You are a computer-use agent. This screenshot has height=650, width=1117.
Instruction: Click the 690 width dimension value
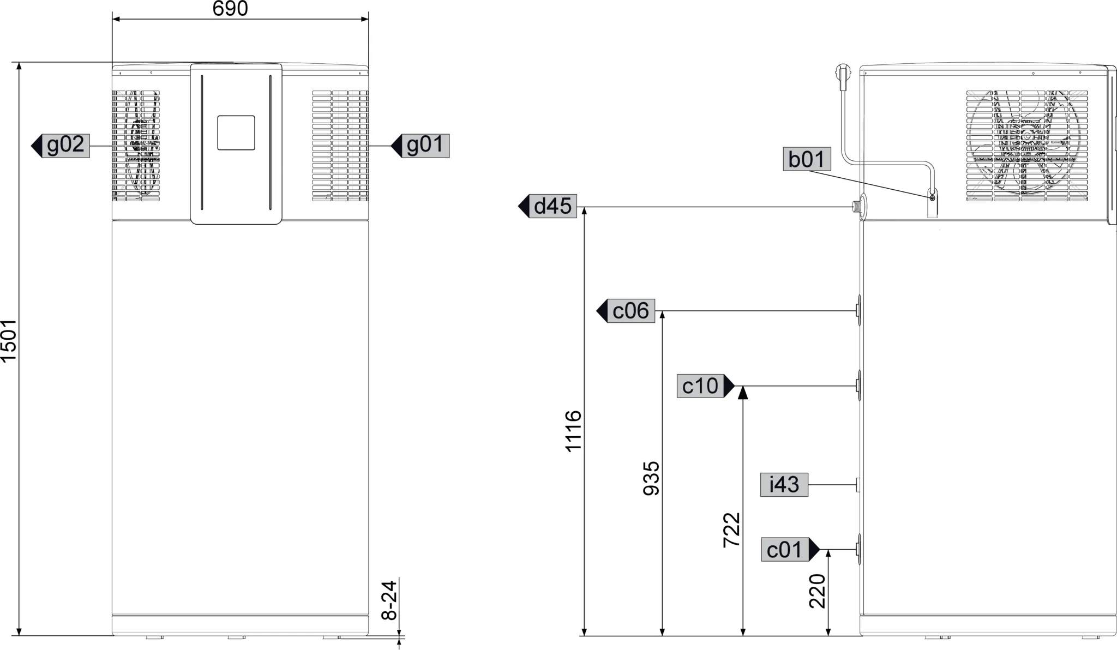(x=230, y=9)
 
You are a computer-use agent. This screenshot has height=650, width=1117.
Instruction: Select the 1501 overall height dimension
(x=9, y=341)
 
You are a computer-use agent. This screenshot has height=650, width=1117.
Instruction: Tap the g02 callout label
(x=65, y=146)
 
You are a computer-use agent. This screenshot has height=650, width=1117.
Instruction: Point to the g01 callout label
(x=425, y=146)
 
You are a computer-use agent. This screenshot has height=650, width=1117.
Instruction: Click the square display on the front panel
(x=236, y=133)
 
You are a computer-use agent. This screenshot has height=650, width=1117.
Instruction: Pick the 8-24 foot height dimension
(x=389, y=599)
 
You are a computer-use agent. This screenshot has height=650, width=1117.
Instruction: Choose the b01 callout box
(x=807, y=160)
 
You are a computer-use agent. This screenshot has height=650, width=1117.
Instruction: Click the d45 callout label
(x=553, y=206)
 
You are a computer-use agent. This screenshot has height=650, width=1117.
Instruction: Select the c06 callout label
(x=630, y=311)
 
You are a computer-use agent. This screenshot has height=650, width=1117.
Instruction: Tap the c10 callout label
(x=700, y=386)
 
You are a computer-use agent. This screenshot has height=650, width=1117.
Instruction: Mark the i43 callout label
(x=784, y=485)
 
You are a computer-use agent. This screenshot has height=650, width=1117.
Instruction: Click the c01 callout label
(x=785, y=550)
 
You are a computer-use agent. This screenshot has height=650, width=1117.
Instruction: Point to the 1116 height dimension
(x=573, y=431)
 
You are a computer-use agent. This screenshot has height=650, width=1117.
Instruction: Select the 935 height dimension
(x=651, y=478)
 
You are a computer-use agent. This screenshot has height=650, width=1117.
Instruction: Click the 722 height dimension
(x=731, y=529)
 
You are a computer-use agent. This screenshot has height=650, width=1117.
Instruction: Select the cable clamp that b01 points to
(x=932, y=197)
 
